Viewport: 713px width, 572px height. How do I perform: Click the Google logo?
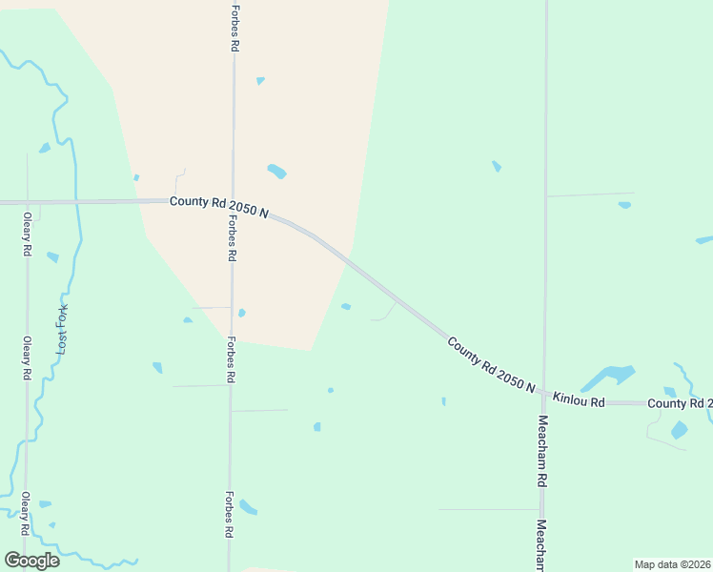tap(31, 560)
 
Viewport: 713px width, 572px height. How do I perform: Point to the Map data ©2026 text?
tap(672, 563)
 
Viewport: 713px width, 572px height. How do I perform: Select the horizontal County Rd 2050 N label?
tap(218, 204)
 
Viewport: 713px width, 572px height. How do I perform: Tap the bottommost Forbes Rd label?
tap(229, 516)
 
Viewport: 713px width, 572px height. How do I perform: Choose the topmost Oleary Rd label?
tap(27, 234)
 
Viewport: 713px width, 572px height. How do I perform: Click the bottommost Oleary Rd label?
tap(26, 515)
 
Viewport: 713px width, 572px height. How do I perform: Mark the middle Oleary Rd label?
tap(27, 358)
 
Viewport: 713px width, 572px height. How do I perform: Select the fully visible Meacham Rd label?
tap(541, 452)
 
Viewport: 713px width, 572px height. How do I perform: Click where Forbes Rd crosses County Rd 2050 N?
tap(232, 201)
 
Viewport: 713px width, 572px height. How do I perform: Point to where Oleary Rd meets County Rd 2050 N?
tap(27, 202)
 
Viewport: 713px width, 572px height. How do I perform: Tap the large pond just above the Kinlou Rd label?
tap(606, 376)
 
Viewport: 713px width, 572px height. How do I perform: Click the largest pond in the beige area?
tap(276, 172)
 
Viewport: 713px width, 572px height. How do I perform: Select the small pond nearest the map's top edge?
tap(260, 81)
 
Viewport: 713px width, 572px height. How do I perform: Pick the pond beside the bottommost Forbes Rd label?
tap(248, 506)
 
